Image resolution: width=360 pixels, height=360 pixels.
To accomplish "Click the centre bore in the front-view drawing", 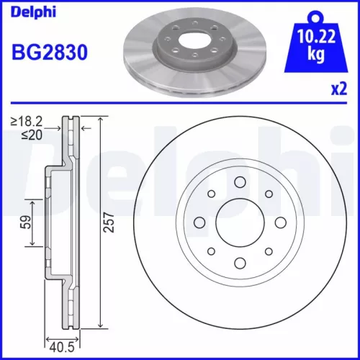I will [238, 222].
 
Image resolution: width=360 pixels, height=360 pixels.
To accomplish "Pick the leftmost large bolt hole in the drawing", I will [198, 222].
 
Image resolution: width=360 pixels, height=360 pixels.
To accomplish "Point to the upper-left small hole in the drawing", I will [211, 194].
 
